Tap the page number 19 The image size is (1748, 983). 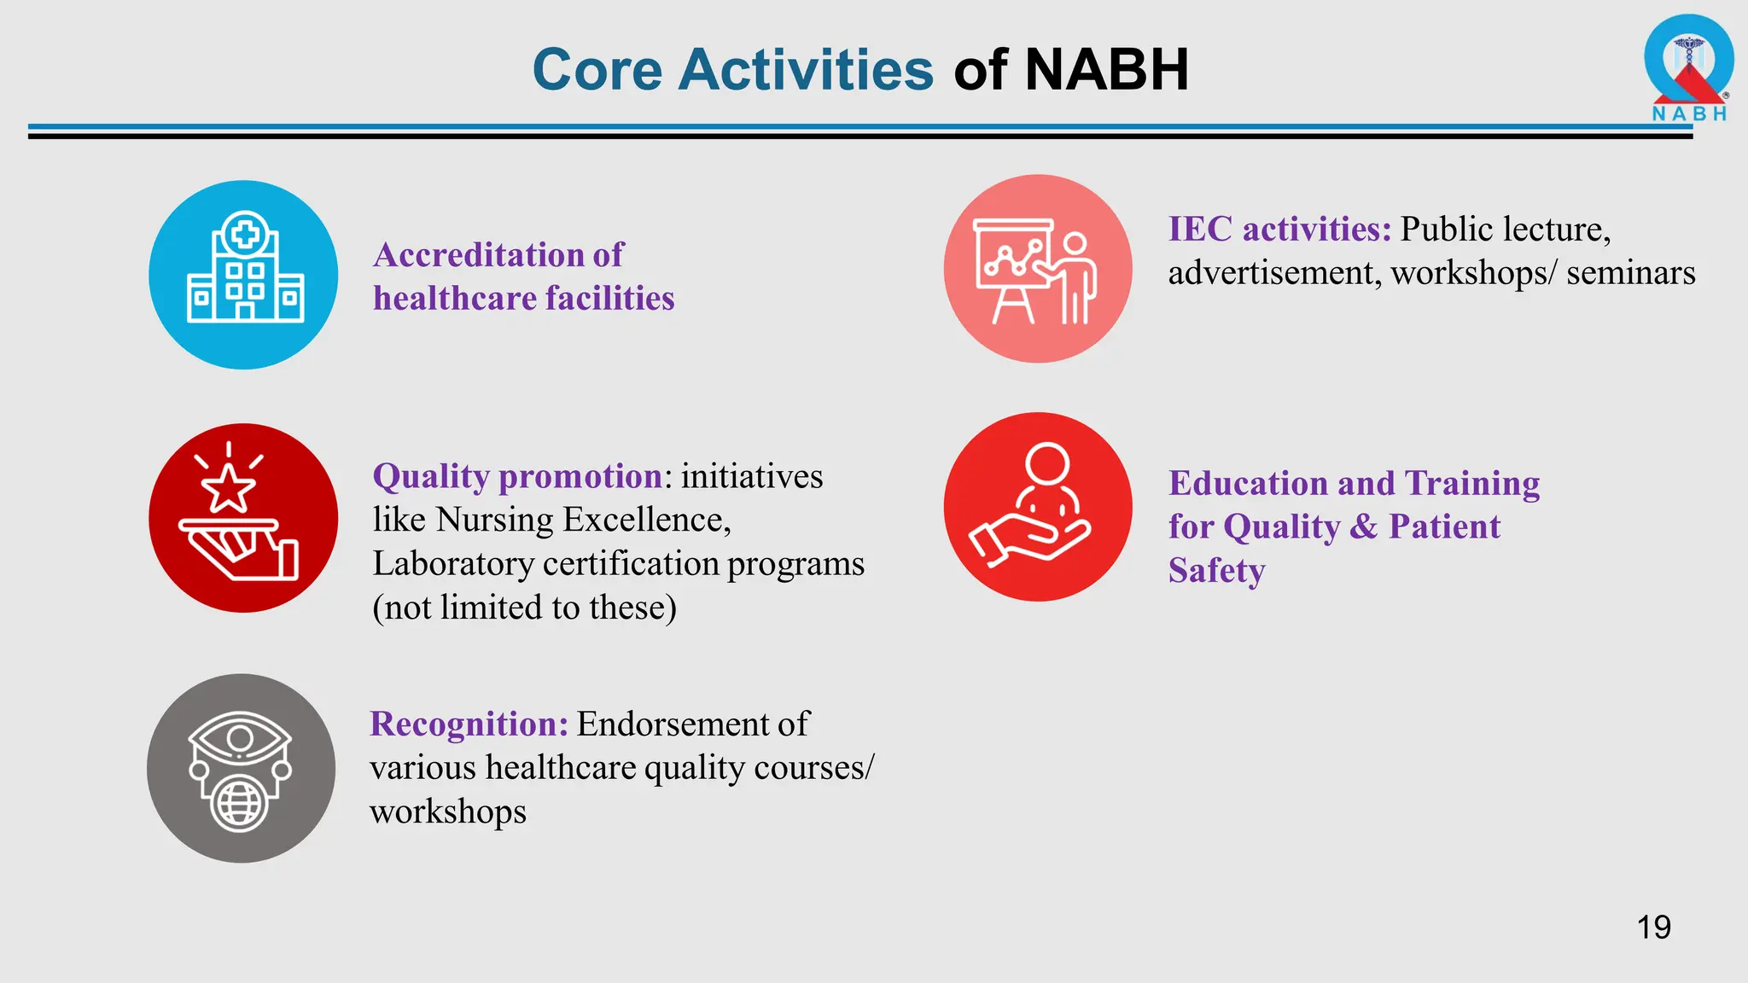1653,928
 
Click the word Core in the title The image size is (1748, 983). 597,69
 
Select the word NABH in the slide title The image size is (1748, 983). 1106,69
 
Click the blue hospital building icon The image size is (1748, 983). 244,275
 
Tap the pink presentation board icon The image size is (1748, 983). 1038,270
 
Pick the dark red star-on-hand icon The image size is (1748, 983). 243,518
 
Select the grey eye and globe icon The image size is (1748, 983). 242,768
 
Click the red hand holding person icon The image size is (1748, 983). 1038,507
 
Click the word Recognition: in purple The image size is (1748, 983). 469,724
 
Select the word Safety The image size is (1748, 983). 1216,570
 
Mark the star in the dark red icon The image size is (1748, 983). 228,488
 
